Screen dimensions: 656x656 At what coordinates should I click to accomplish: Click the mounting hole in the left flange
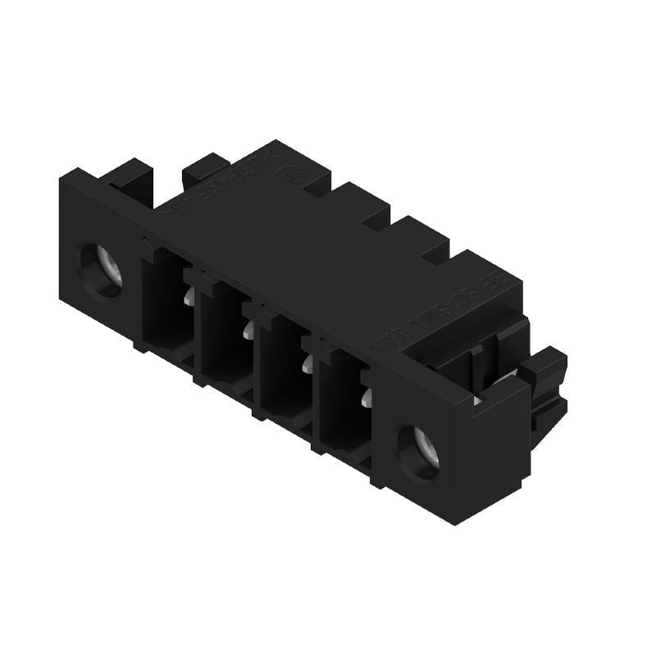coord(102,268)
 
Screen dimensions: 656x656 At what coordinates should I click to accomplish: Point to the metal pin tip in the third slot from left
coord(307,364)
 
